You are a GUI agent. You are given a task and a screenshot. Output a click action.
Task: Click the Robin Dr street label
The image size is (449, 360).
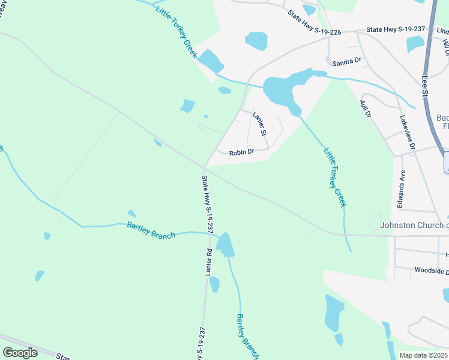(242, 152)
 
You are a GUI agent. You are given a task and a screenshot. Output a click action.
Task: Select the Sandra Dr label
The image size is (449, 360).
(347, 61)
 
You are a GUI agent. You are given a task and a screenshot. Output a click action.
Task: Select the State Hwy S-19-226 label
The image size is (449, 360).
(313, 23)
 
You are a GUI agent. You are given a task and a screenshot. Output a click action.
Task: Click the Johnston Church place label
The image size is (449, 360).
(414, 226)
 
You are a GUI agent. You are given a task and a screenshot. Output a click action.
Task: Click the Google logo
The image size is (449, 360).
(20, 352)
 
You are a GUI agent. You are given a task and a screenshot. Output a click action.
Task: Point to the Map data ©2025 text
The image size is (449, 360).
(423, 355)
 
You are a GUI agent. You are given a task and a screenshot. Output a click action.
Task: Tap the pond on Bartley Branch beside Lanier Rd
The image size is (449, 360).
(225, 244)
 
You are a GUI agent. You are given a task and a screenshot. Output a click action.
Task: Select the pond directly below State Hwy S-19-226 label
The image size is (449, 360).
(256, 41)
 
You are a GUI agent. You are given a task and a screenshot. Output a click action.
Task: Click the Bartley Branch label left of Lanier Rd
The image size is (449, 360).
(151, 230)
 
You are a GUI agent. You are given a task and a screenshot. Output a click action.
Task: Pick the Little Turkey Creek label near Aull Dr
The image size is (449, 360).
(336, 178)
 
